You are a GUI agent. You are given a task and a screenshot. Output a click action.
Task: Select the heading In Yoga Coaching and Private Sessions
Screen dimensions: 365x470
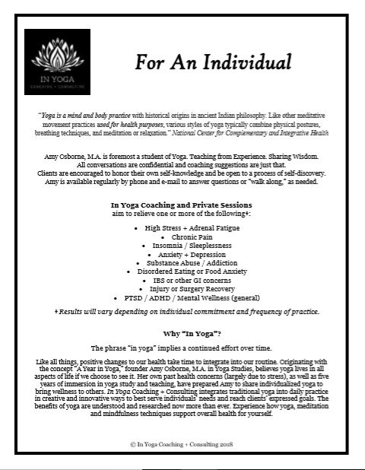pos(182,205)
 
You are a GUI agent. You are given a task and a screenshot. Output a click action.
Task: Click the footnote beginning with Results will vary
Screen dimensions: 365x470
pos(182,313)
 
